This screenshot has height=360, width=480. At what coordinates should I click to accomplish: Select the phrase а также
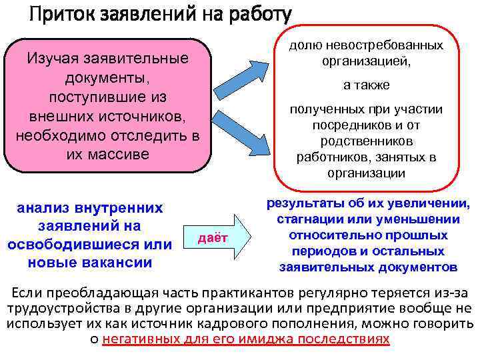point(366,85)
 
